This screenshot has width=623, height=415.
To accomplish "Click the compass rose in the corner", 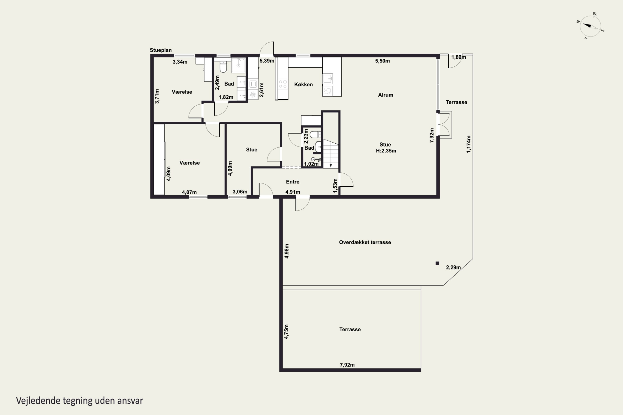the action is pyautogui.click(x=590, y=26).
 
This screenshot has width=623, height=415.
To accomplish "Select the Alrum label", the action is pyautogui.click(x=385, y=95).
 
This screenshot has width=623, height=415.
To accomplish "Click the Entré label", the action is pyautogui.click(x=292, y=182).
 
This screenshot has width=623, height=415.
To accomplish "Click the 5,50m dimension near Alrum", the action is pyautogui.click(x=382, y=61).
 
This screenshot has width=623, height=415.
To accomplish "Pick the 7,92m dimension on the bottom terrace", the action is pyautogui.click(x=347, y=365).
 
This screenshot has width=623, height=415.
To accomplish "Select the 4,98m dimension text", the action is pyautogui.click(x=287, y=251).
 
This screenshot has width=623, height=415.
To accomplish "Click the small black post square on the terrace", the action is pyautogui.click(x=437, y=263).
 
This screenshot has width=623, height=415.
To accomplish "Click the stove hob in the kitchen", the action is pyautogui.click(x=283, y=84).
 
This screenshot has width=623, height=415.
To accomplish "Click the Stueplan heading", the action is pyautogui.click(x=161, y=50).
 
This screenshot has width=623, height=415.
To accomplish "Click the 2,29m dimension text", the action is pyautogui.click(x=453, y=267).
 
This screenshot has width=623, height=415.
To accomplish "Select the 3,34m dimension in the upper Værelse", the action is pyautogui.click(x=180, y=62).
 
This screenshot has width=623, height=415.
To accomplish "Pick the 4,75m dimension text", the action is pyautogui.click(x=286, y=332).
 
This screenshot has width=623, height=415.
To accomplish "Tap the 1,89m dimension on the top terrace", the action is pyautogui.click(x=459, y=57).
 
